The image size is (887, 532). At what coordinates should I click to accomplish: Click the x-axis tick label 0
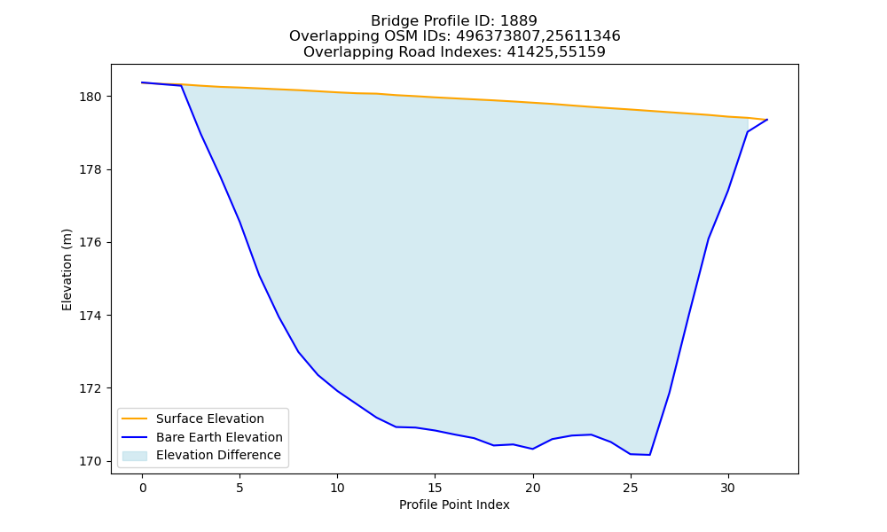(x=143, y=488)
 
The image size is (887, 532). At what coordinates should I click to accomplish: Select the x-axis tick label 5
(x=239, y=488)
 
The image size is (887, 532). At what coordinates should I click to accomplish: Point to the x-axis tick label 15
(x=435, y=488)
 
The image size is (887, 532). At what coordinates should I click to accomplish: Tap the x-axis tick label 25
(x=630, y=488)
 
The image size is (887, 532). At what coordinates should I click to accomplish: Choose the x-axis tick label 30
(x=728, y=488)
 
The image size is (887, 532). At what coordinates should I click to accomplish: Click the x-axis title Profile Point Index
(x=454, y=505)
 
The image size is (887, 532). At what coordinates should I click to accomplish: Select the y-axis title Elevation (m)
(x=67, y=270)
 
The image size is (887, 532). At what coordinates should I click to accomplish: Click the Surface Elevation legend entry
(x=210, y=419)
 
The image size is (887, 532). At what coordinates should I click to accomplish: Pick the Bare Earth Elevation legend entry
(x=219, y=437)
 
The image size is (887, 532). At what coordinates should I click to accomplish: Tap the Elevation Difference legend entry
(x=218, y=455)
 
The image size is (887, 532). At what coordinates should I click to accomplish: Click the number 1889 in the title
(x=519, y=21)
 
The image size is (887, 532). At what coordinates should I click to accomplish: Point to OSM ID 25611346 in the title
(x=584, y=36)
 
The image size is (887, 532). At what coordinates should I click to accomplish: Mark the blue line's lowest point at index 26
(x=649, y=455)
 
